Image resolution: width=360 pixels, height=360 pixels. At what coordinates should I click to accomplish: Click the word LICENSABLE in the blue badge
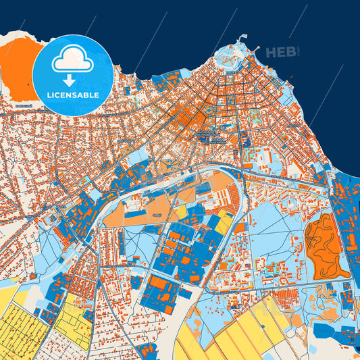click(x=73, y=94)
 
